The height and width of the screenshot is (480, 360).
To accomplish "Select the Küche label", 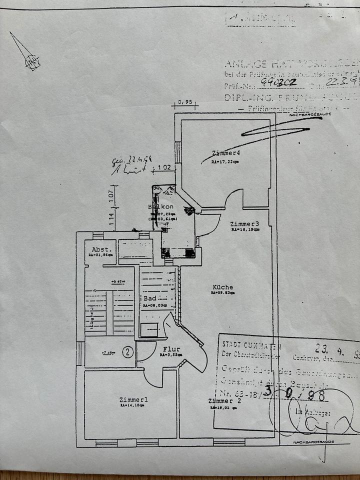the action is (x=222, y=287).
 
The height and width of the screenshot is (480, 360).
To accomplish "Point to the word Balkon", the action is (x=160, y=207).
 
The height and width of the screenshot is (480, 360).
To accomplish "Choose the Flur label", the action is (x=171, y=348).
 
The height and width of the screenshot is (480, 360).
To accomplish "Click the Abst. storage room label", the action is (x=100, y=248).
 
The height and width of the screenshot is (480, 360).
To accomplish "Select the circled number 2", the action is (x=128, y=352).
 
